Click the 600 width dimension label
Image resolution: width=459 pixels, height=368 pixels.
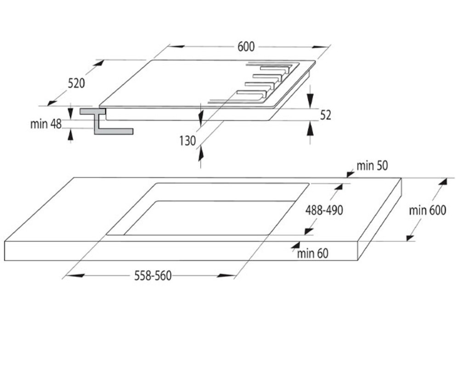pos(246,47)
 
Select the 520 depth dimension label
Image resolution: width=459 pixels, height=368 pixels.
pos(76,84)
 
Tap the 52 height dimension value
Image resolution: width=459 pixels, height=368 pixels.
pos(325,115)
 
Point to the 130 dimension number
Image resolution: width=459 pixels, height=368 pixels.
pos(187,141)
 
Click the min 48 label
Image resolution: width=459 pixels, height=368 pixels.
pos(46,124)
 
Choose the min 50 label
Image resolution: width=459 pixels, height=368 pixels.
pos(372,166)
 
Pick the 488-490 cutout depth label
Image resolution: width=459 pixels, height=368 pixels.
pos(324,210)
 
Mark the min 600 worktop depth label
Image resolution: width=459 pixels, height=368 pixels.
pos(427,210)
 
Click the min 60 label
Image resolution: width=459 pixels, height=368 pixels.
pos(312,254)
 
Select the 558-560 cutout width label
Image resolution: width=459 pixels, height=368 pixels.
pos(153,276)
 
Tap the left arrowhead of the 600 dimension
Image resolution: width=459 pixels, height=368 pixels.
pos(176,46)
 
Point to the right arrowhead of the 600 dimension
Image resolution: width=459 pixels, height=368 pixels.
pos(321,46)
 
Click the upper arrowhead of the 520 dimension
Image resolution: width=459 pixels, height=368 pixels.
pos(99,63)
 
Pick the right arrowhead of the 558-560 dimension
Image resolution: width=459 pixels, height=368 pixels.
pos(226,276)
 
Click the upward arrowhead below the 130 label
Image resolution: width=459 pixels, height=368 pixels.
pos(200,153)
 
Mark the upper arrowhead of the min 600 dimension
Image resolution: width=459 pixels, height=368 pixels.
pos(442,181)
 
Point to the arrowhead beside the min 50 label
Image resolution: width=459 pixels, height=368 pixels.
pos(351,175)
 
